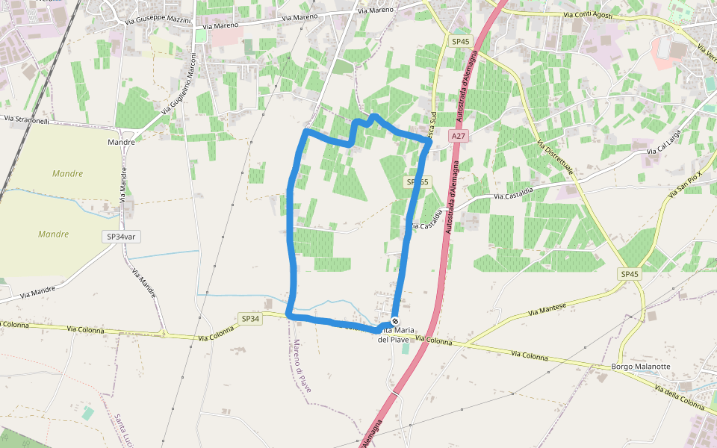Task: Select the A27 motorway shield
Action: point(459,137)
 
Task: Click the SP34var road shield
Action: point(122,236)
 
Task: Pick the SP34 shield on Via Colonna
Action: point(251,319)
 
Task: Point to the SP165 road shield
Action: point(418,182)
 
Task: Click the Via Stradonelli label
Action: point(26,119)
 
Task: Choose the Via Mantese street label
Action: point(548,308)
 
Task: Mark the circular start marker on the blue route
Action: point(395,321)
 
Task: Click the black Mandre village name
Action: point(121,142)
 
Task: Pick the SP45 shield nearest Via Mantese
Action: point(630,274)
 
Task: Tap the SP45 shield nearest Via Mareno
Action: point(460,41)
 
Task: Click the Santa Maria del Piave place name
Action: point(394,335)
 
